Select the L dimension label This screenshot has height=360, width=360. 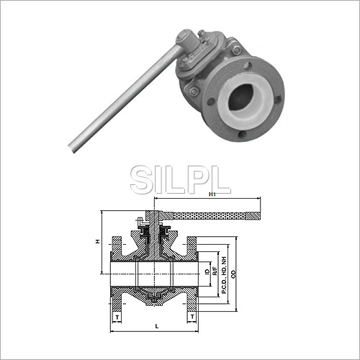coord(156,326)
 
